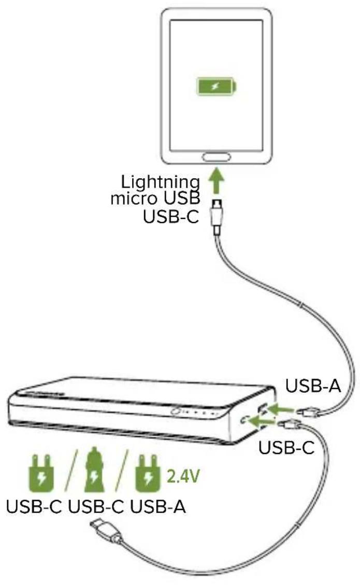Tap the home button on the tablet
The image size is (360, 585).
(x=217, y=157)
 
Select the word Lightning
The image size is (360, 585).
(x=160, y=182)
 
